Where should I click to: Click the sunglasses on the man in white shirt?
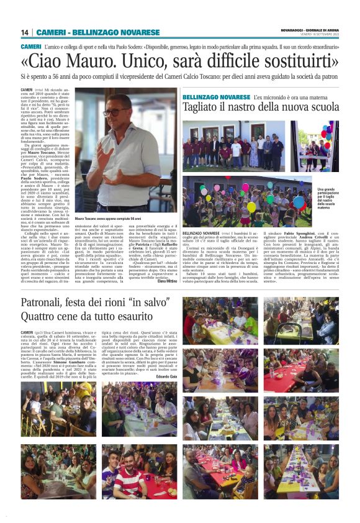pos(117,112)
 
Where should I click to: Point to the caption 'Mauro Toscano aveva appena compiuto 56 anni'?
pos(108,219)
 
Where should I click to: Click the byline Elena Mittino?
pos(166,281)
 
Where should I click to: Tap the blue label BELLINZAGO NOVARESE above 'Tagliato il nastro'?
pos(215,98)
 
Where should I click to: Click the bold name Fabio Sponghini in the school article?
pos(294,233)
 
